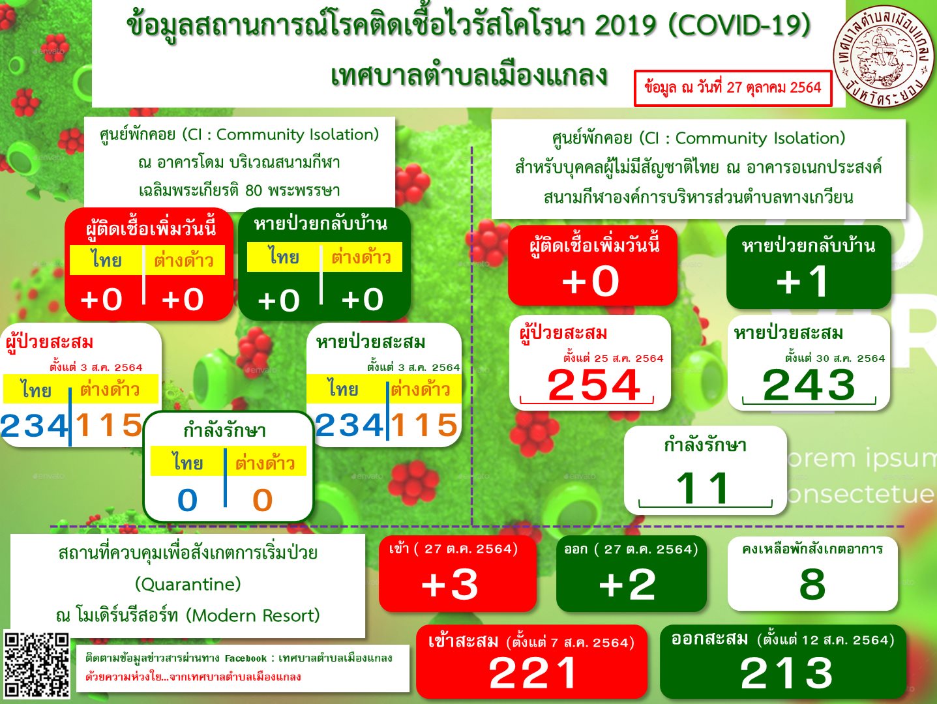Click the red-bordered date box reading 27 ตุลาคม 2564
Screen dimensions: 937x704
point(733,88)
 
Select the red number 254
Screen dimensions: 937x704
point(594,385)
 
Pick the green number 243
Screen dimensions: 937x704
point(809,385)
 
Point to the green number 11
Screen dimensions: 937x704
point(703,488)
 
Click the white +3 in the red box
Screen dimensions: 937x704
point(450,584)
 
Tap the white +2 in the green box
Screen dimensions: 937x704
point(627,584)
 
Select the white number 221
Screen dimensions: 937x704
point(533,673)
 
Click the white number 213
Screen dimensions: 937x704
point(786,673)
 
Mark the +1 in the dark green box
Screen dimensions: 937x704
point(803,281)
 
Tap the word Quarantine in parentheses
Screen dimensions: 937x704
point(188,584)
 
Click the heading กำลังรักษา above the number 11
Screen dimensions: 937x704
point(706,445)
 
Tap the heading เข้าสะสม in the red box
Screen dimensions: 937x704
point(463,641)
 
